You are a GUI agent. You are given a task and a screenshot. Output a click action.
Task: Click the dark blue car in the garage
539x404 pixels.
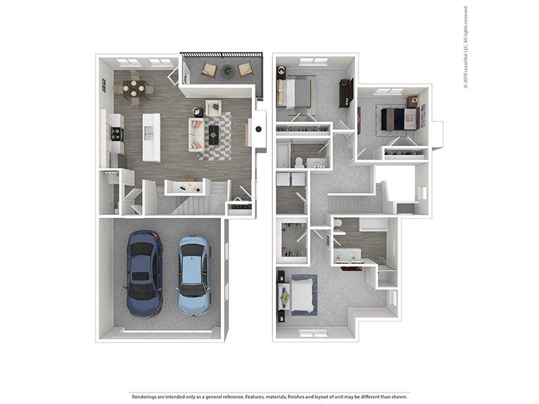coord(144,274)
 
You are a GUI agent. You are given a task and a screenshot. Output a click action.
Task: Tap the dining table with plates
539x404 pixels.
coord(133,88)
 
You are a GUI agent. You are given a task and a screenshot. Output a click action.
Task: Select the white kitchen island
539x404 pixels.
coord(151,137)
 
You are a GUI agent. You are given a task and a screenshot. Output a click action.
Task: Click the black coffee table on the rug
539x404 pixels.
coord(214,135)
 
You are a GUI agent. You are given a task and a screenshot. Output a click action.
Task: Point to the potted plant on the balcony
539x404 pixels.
coord(227,71)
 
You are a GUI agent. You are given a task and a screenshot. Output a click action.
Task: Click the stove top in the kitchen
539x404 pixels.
coord(116,133)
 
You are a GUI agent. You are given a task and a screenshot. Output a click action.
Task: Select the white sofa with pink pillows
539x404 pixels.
coord(196,135)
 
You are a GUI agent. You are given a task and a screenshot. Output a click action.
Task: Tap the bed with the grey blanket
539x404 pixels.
coord(296,92)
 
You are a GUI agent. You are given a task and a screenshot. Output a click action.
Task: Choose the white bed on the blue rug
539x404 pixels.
coord(298,296)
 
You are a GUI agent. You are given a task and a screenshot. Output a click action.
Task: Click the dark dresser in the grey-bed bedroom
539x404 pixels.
coord(346,93)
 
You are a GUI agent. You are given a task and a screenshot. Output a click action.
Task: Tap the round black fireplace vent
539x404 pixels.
coord(259,129)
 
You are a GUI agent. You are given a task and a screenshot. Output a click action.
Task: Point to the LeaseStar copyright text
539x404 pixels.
coord(466,47)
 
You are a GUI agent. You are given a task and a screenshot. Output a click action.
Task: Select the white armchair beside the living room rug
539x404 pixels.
coord(214,108)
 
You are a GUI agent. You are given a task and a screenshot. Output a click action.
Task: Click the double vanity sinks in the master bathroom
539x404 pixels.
coord(347,255)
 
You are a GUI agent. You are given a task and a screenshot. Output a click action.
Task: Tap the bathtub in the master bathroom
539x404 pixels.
coord(374,225)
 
